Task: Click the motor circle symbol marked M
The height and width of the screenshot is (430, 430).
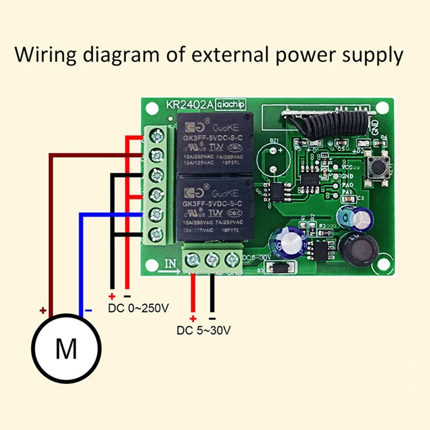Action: pyautogui.click(x=67, y=349)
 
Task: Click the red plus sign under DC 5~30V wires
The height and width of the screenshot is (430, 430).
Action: pyautogui.click(x=192, y=317)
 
